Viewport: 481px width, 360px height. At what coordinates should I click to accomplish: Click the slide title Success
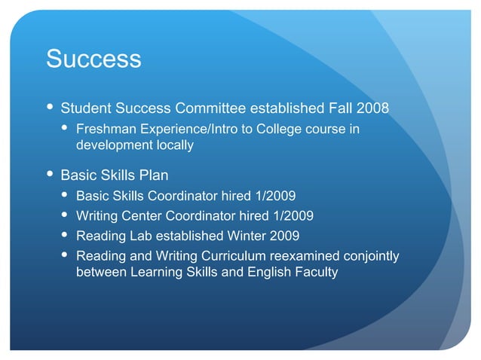(93, 59)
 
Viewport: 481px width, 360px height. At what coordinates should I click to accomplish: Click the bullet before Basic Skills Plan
(50, 175)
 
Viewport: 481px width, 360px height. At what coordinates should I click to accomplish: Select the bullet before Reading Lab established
(66, 236)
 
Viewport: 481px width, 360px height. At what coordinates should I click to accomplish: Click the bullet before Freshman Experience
(66, 129)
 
